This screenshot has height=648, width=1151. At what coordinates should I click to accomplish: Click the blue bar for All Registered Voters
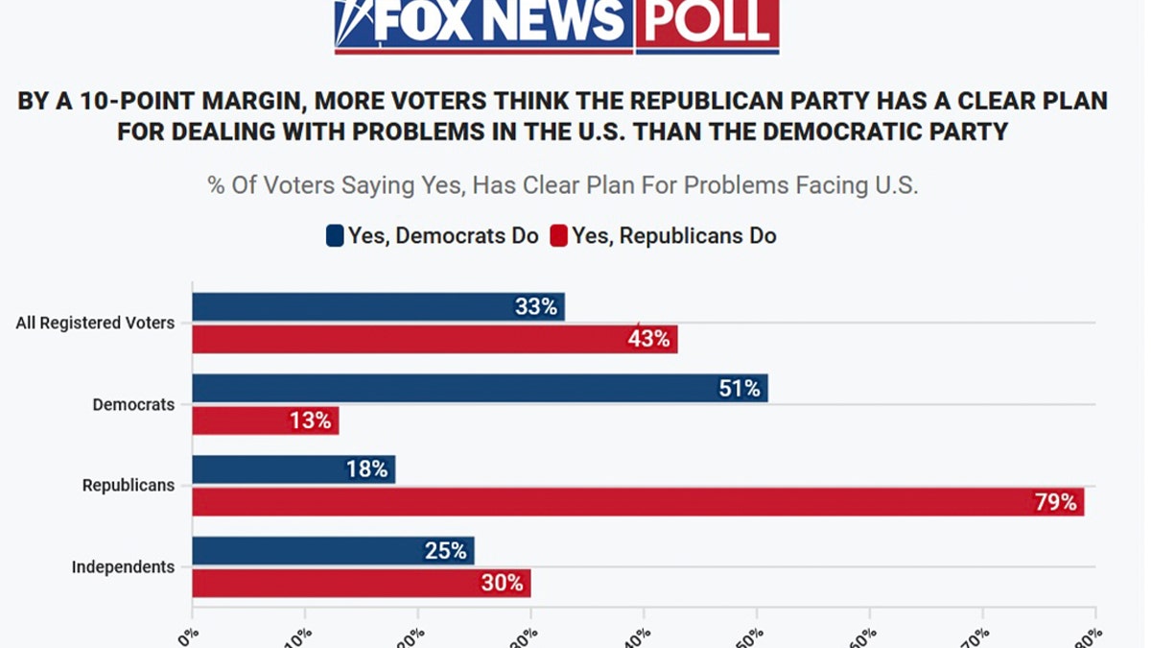point(378,307)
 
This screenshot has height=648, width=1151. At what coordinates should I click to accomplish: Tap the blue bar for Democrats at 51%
point(480,388)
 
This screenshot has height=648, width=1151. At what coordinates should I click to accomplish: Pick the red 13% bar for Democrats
point(266,420)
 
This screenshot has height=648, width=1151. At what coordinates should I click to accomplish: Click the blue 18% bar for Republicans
point(294,469)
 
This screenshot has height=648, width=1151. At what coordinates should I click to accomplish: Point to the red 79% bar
point(638,501)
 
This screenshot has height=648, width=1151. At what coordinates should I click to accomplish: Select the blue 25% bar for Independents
point(333,551)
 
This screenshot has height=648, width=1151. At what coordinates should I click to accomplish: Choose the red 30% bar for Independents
point(361,583)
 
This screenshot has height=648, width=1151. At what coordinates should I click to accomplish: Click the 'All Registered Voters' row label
point(95,324)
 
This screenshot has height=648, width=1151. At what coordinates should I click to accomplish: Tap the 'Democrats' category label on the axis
point(133,404)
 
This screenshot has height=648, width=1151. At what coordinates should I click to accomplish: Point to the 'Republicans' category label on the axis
point(129,486)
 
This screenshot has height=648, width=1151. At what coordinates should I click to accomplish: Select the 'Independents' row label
point(123,567)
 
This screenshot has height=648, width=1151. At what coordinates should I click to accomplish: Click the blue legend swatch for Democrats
point(335,236)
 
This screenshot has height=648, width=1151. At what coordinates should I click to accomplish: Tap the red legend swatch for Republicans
point(558,236)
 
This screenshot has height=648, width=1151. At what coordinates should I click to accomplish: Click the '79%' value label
point(1055,501)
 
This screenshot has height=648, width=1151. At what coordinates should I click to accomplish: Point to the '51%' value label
point(739,388)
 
